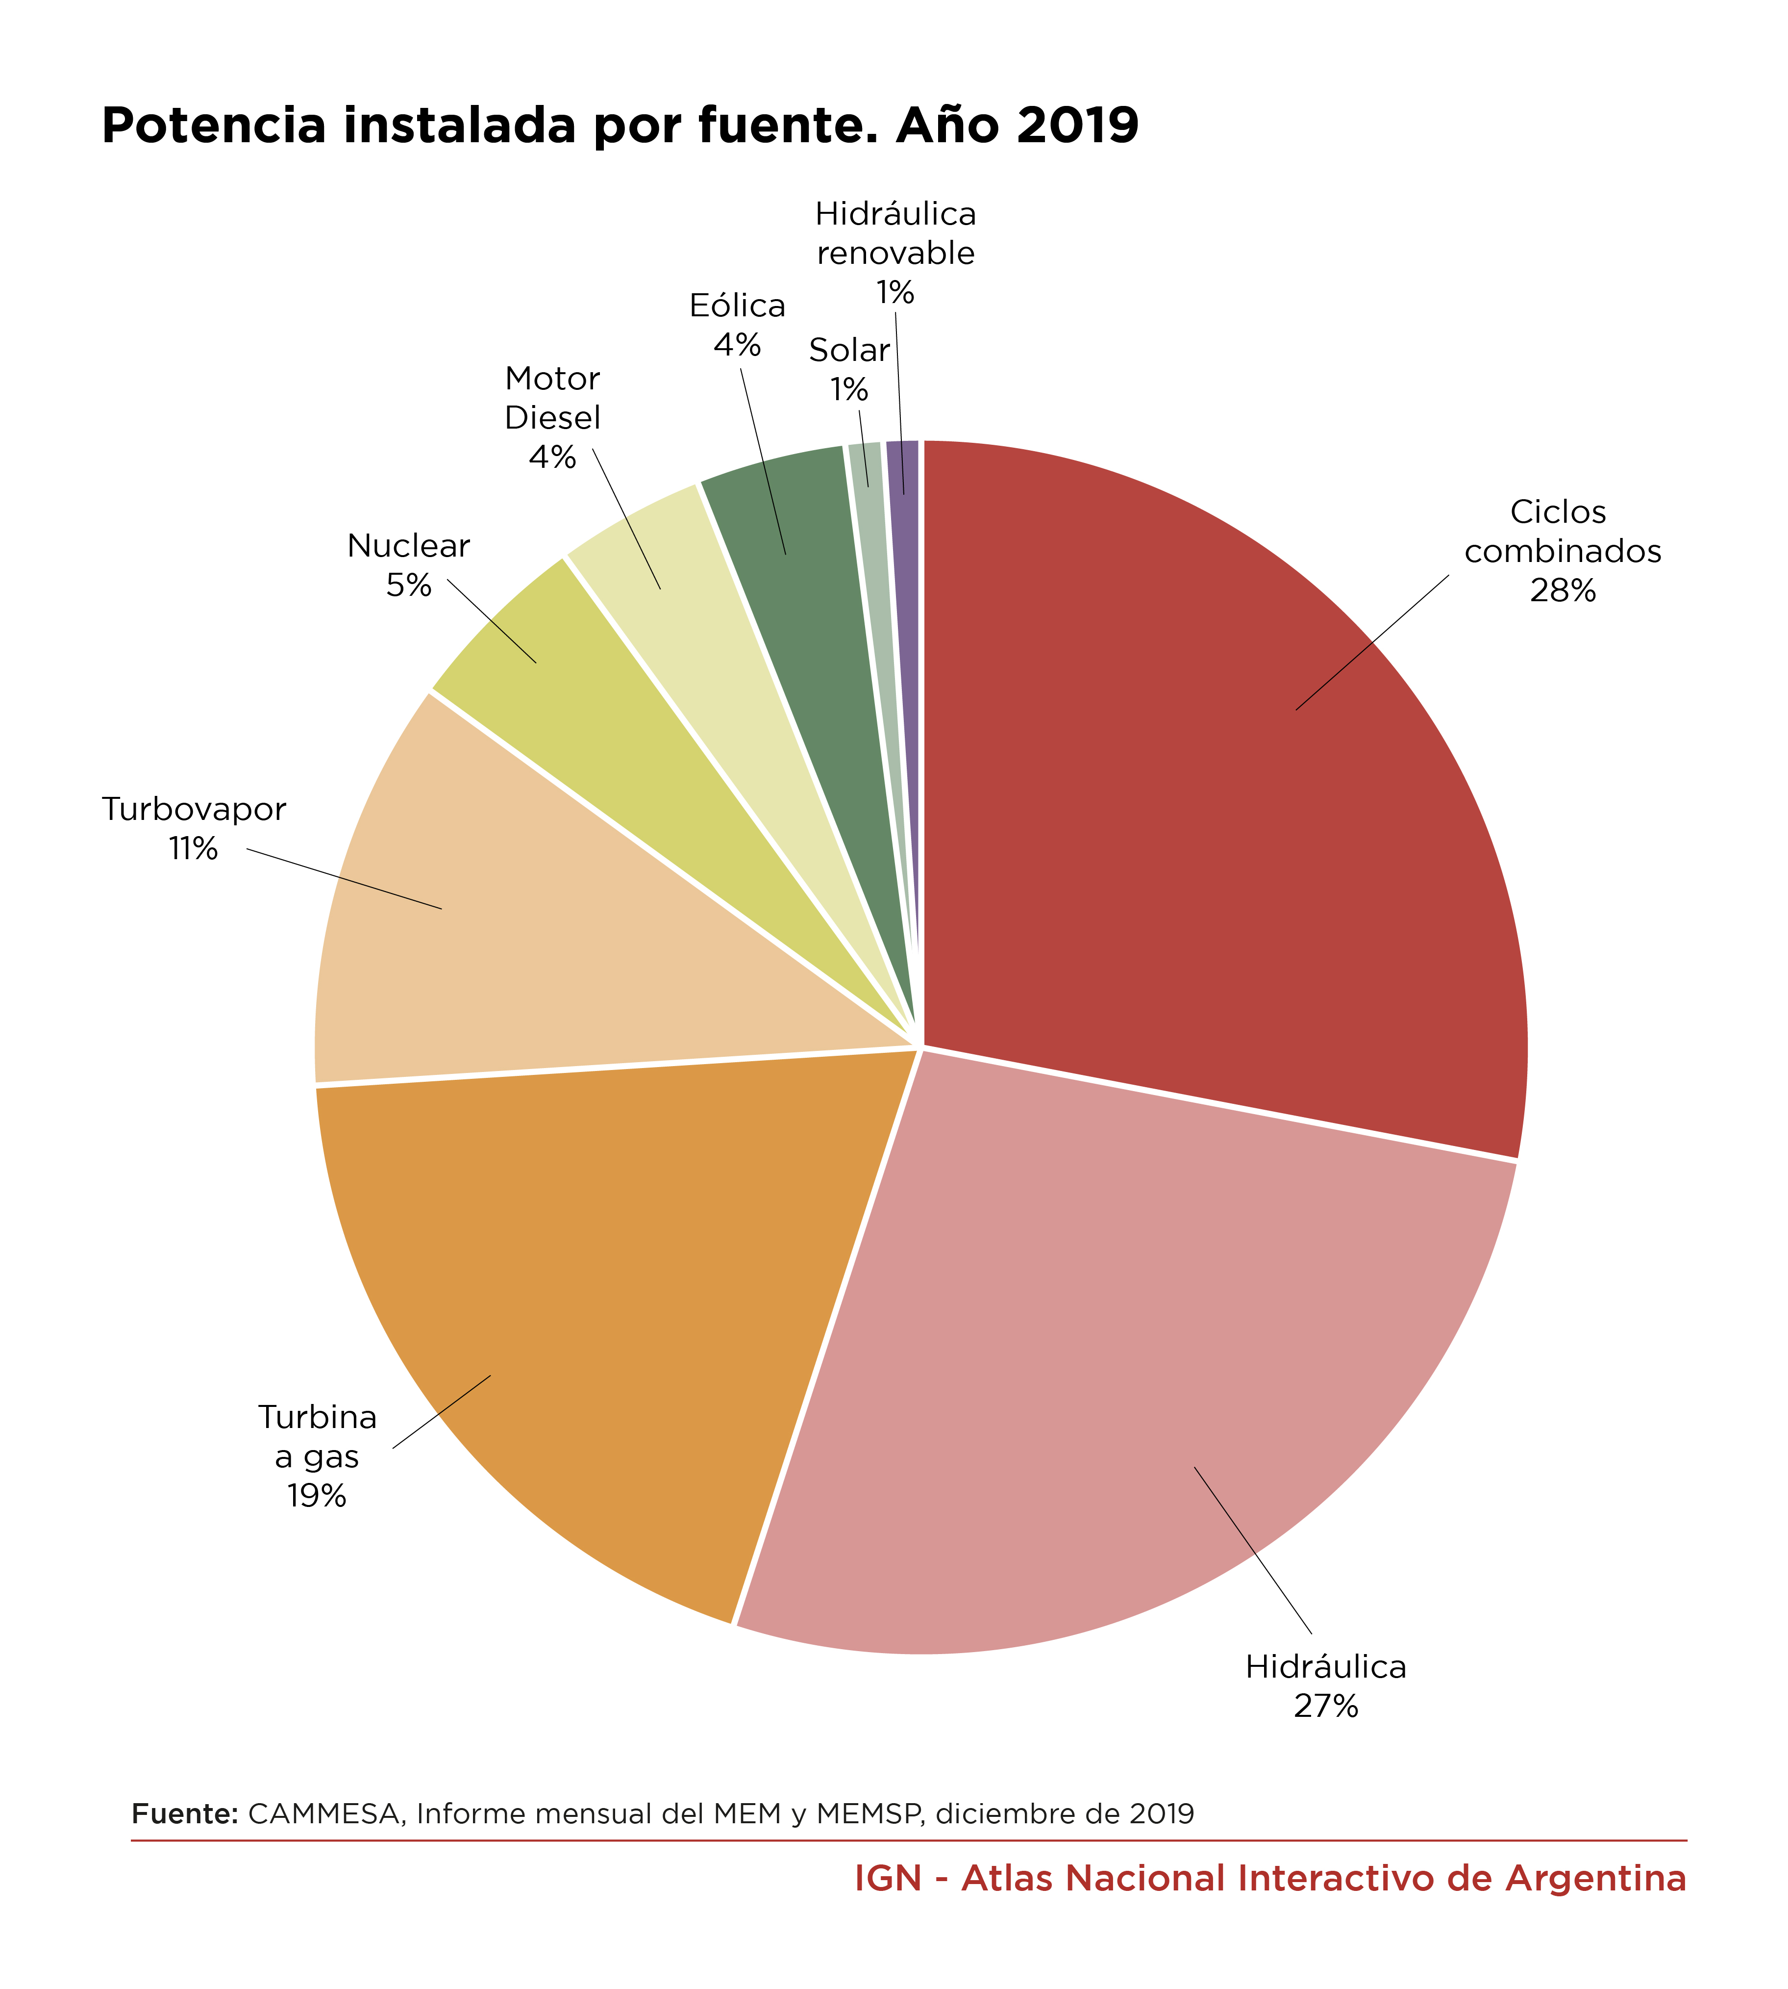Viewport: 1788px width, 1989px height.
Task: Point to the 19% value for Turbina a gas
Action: pyautogui.click(x=316, y=1496)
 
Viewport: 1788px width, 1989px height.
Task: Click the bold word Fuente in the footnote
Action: pyautogui.click(x=185, y=1813)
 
